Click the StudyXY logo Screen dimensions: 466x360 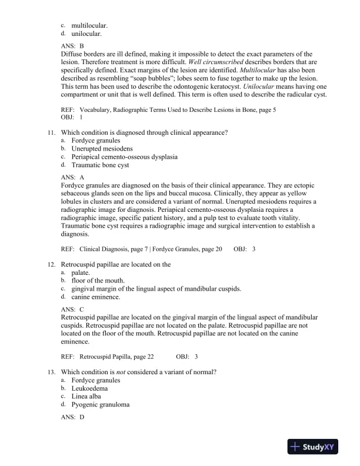click(x=315, y=448)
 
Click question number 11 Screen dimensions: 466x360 click(x=52, y=133)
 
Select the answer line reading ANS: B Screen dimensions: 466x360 click(x=73, y=45)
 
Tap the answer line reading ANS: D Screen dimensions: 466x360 click(x=73, y=417)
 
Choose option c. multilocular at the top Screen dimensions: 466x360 click(x=89, y=25)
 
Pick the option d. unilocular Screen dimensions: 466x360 click(x=88, y=34)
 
